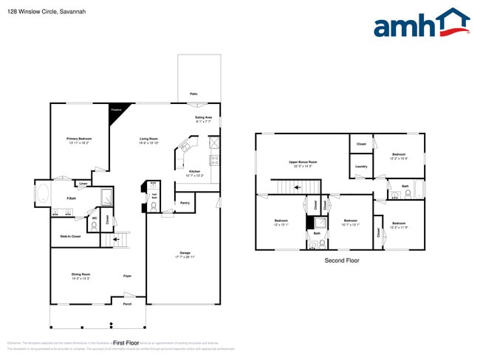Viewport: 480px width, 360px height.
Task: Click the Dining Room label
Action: [x=80, y=276]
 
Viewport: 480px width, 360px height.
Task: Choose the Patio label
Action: [x=193, y=94]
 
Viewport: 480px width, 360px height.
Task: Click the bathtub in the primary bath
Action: [x=43, y=195]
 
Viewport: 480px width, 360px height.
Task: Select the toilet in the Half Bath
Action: [x=154, y=207]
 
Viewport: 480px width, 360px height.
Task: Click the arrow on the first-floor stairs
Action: [x=114, y=240]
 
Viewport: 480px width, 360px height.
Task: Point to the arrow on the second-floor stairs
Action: [x=297, y=187]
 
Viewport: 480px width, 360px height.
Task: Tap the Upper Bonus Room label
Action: [x=303, y=163]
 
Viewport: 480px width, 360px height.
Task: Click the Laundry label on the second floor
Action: [x=360, y=167]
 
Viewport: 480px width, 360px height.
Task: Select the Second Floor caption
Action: [x=342, y=260]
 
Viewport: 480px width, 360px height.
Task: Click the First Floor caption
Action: [x=126, y=343]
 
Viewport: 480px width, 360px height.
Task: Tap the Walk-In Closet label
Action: [x=70, y=237]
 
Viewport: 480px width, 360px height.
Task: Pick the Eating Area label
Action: [x=203, y=119]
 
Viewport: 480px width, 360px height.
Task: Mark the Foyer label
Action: [x=127, y=276]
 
